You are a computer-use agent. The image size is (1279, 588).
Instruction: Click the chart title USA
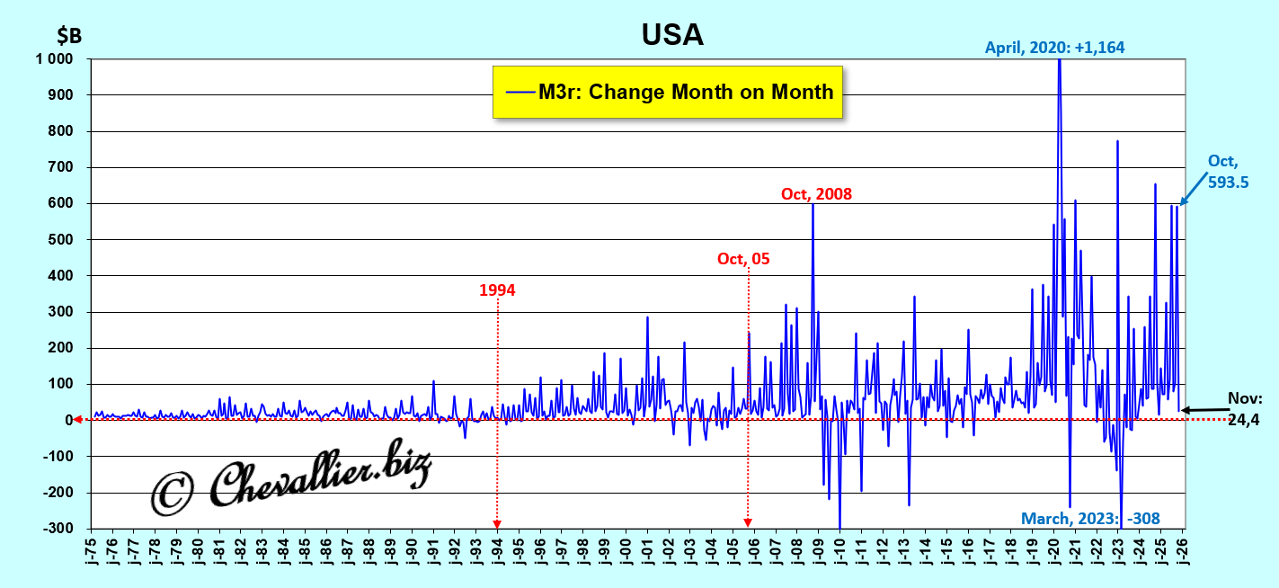point(671,34)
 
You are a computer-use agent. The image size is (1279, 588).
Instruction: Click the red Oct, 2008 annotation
point(816,193)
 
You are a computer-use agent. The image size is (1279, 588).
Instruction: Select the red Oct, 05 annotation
point(743,259)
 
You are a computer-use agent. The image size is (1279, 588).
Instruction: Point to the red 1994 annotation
point(497,290)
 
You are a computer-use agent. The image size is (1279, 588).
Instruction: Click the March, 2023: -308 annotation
point(1090,518)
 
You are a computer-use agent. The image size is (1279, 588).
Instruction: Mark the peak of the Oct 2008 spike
point(813,204)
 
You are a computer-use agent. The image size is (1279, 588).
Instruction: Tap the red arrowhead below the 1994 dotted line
point(497,524)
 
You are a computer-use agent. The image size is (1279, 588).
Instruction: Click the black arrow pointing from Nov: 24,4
point(1204,410)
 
